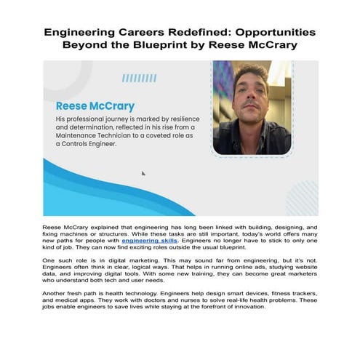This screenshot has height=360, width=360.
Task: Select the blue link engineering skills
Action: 150,239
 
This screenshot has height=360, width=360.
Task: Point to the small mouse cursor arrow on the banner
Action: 143,173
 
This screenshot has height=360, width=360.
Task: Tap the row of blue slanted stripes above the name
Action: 140,78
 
